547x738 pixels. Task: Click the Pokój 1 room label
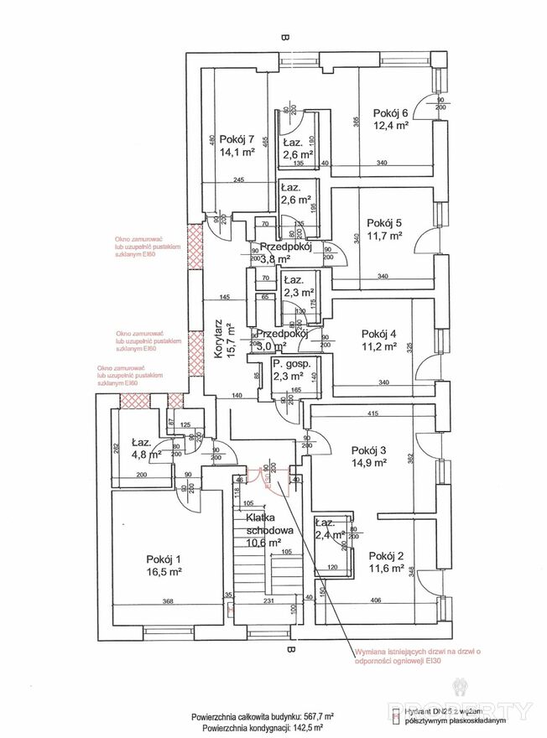click(163, 559)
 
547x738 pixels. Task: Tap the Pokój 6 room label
click(391, 114)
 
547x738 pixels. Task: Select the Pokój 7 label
click(237, 140)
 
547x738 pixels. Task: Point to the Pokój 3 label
click(368, 449)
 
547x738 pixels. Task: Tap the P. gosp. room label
click(292, 365)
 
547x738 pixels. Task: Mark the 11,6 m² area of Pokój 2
click(386, 569)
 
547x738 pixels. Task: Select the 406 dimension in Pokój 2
click(375, 600)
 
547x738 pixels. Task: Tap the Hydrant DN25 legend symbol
click(395, 716)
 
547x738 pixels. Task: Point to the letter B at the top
click(286, 37)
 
